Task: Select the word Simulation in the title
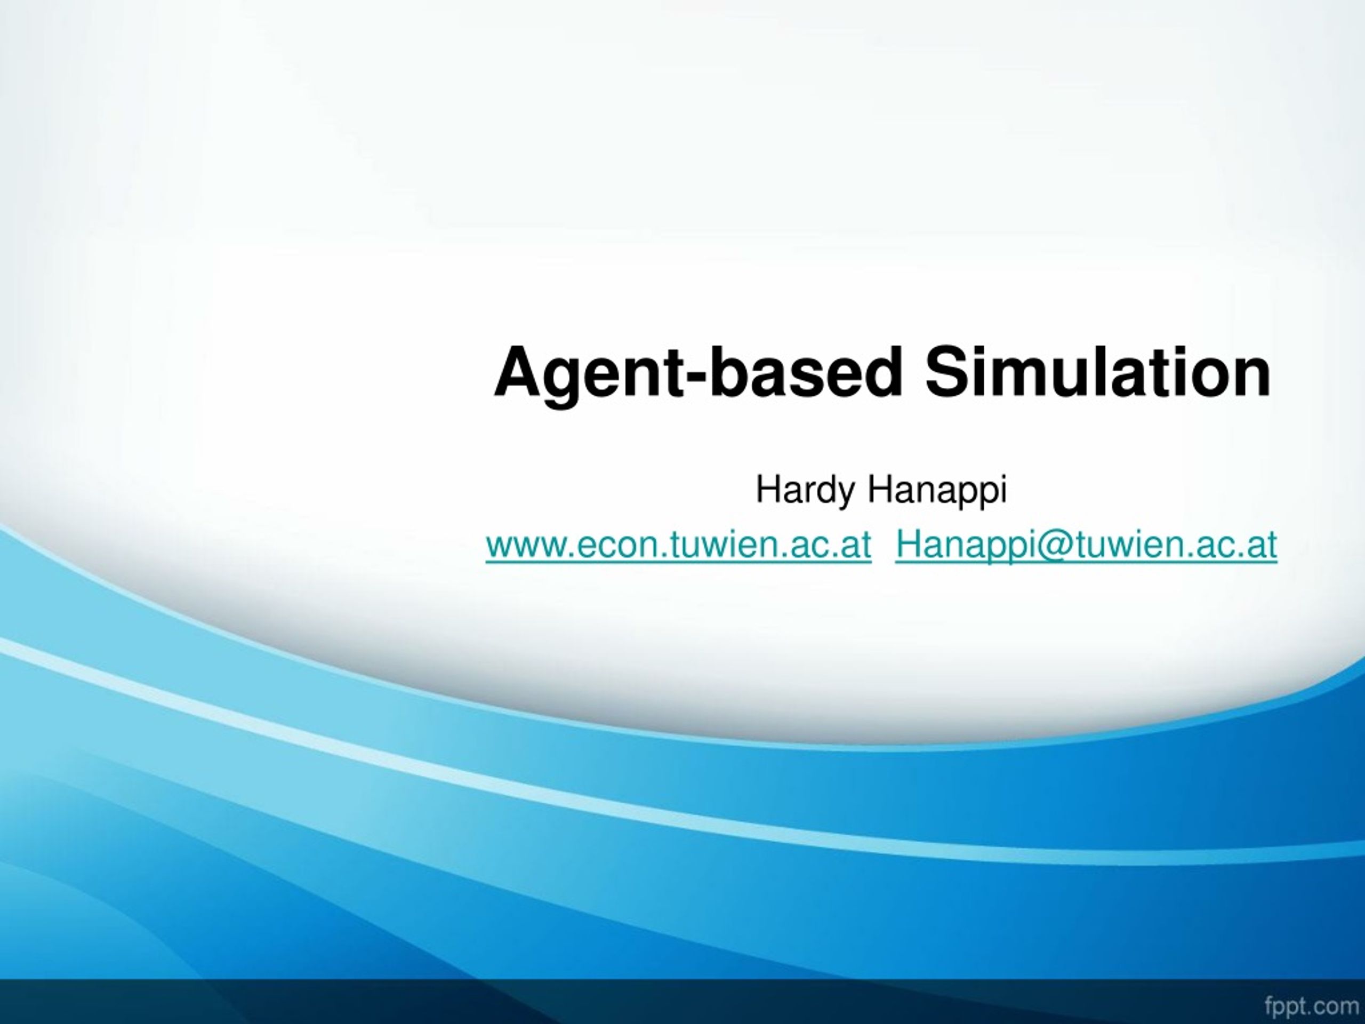1097,373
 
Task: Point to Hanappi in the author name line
937,491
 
